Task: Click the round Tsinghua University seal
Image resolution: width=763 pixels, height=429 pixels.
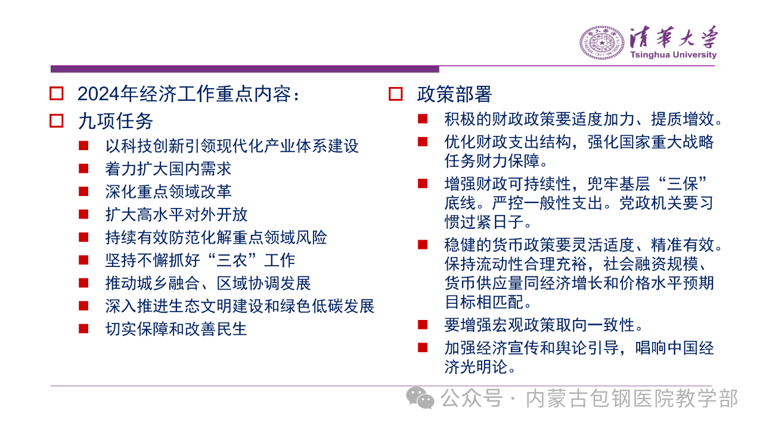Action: [602, 43]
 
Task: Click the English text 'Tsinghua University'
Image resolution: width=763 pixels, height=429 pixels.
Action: [674, 55]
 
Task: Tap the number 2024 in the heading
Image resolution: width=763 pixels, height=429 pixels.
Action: [99, 94]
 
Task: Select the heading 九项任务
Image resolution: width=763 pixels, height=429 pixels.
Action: [116, 121]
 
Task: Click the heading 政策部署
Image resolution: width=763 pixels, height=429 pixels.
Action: [454, 94]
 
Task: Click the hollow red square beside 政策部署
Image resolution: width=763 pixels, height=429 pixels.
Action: [395, 94]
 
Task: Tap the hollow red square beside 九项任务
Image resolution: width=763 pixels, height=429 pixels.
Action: [57, 121]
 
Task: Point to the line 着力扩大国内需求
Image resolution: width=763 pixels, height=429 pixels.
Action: [168, 169]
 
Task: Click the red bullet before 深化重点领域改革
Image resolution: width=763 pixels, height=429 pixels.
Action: [83, 191]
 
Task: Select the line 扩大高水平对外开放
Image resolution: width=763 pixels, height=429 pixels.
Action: [176, 214]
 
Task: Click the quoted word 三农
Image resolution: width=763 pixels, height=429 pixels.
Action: [232, 260]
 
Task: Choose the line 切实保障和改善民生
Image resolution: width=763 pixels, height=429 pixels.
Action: [176, 329]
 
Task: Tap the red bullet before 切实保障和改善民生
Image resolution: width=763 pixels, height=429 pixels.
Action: [83, 328]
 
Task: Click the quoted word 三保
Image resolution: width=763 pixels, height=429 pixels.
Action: [683, 184]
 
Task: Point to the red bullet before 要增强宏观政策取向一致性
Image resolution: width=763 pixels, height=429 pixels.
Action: [423, 325]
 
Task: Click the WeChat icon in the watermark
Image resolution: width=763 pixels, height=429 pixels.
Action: [420, 397]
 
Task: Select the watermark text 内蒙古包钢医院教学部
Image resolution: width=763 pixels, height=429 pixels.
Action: [632, 399]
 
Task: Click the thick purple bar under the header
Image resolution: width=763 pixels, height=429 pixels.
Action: [245, 69]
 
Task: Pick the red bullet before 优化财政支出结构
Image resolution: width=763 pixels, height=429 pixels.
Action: [423, 142]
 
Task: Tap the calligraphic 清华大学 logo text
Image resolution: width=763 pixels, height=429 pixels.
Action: [674, 37]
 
